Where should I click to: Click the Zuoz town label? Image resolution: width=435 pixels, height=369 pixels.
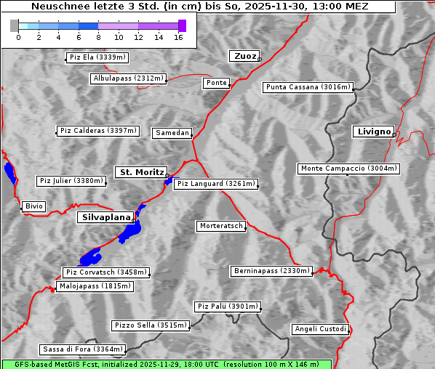[244, 56]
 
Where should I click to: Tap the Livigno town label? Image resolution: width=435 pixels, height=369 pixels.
[372, 131]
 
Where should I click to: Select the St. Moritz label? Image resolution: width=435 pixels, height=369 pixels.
[140, 172]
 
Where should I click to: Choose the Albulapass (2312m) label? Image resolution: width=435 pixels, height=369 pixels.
[128, 78]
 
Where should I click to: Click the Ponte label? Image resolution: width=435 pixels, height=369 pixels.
[216, 83]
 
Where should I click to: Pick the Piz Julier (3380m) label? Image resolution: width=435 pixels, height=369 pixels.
[71, 181]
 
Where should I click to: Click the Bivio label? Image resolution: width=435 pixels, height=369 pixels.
[34, 206]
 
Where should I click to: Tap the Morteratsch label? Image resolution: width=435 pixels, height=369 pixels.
[220, 226]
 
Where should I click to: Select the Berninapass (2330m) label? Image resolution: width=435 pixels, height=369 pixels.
[271, 271]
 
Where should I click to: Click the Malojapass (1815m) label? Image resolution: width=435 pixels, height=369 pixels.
[95, 286]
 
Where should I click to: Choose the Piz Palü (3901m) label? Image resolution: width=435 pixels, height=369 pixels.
[228, 307]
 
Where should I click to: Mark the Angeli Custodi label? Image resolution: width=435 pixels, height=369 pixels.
[321, 329]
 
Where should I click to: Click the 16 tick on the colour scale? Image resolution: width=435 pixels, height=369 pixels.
[178, 37]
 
